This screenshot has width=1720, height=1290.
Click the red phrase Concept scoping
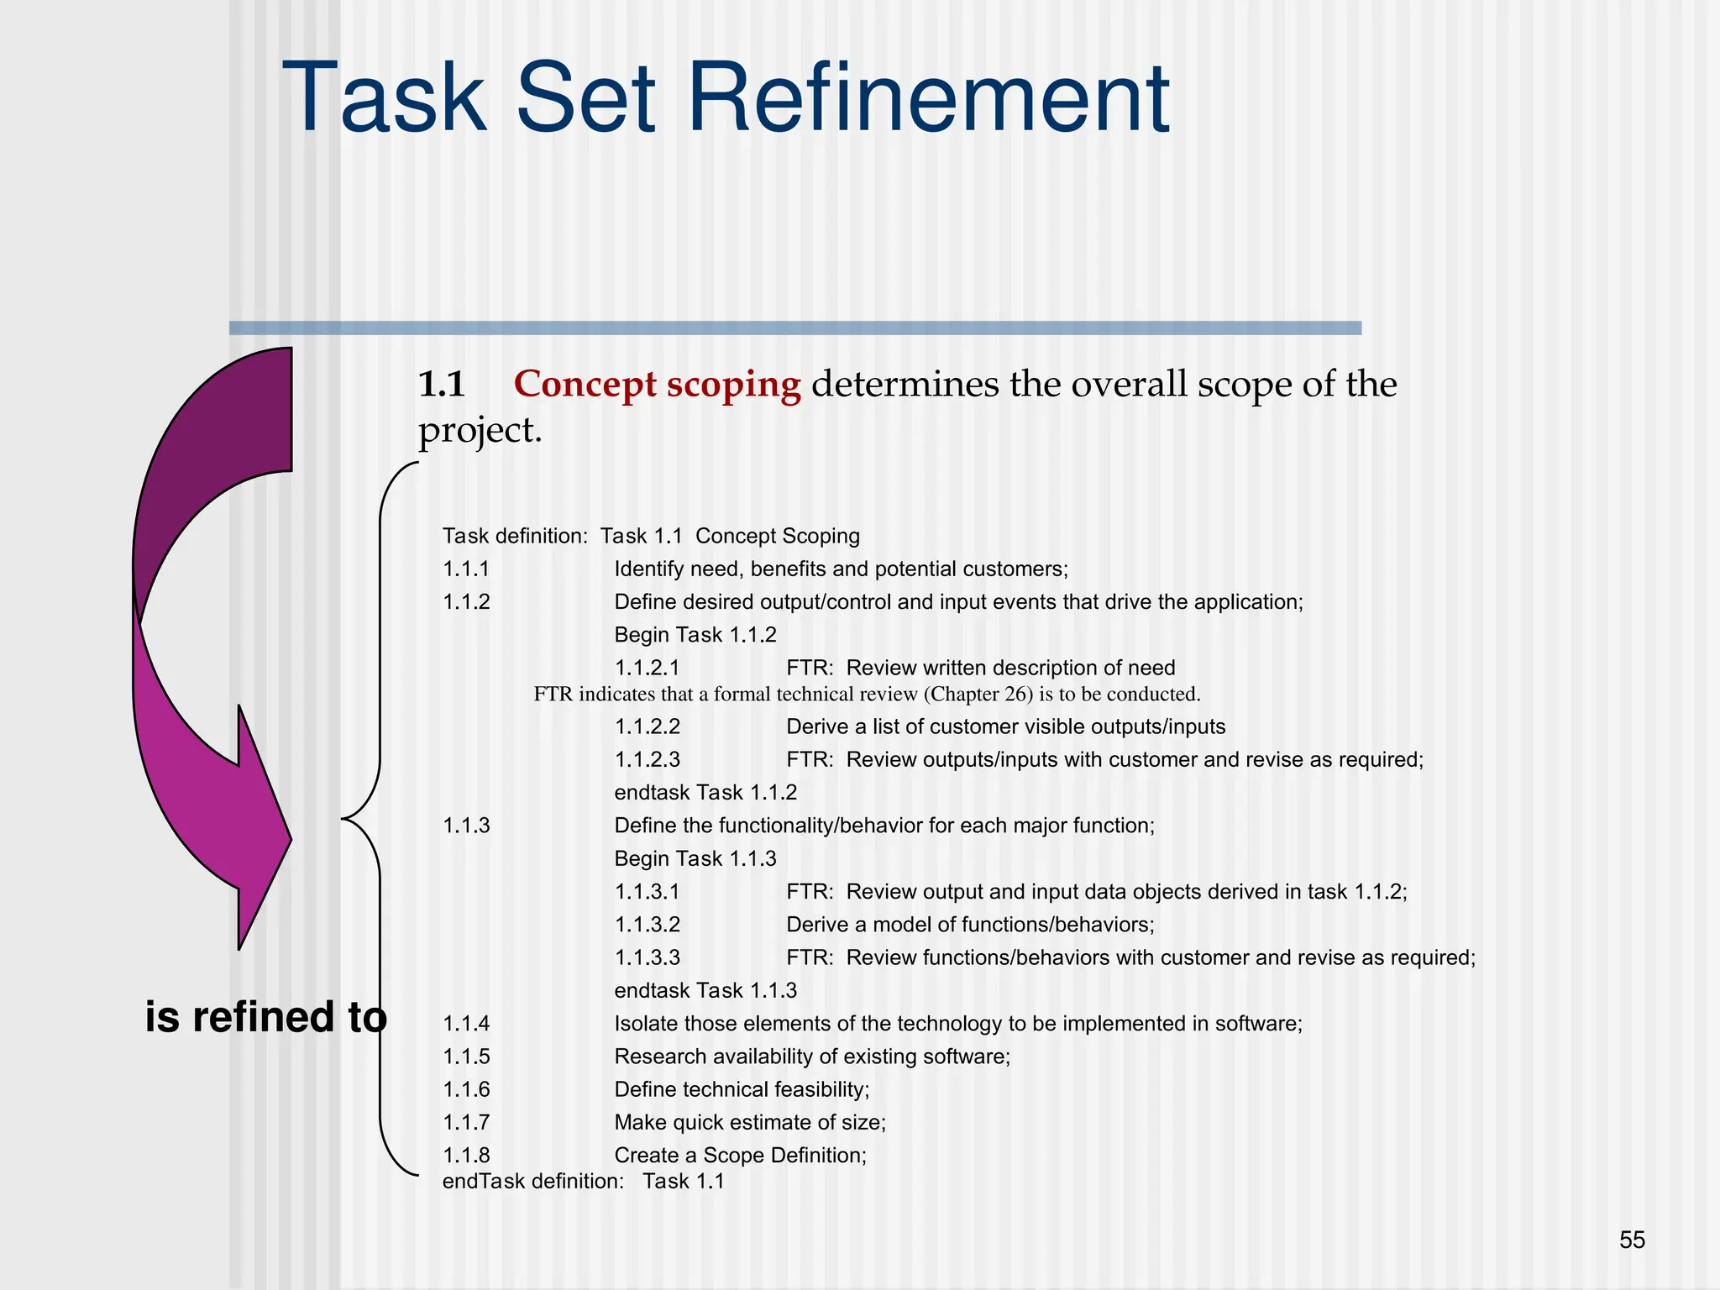pos(657,385)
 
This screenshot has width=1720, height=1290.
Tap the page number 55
pos(1632,1240)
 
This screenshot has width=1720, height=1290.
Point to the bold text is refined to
pos(265,1017)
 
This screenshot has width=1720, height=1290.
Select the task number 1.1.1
pos(466,569)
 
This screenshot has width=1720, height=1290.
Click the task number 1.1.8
pos(466,1156)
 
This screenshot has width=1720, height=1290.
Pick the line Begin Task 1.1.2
pos(695,635)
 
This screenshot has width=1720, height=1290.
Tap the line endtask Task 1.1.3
pos(705,991)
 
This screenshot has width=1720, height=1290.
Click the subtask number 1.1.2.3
pos(648,760)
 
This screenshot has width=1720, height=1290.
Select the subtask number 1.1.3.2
pos(648,926)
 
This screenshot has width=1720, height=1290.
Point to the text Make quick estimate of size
pos(749,1123)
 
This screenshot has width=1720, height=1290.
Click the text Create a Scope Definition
pos(740,1156)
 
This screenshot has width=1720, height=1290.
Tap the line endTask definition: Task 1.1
pos(583,1182)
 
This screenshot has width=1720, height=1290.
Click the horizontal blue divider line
pos(794,328)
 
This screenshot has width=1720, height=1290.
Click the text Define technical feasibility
pos(742,1090)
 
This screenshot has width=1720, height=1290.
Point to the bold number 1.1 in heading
pos(442,385)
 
